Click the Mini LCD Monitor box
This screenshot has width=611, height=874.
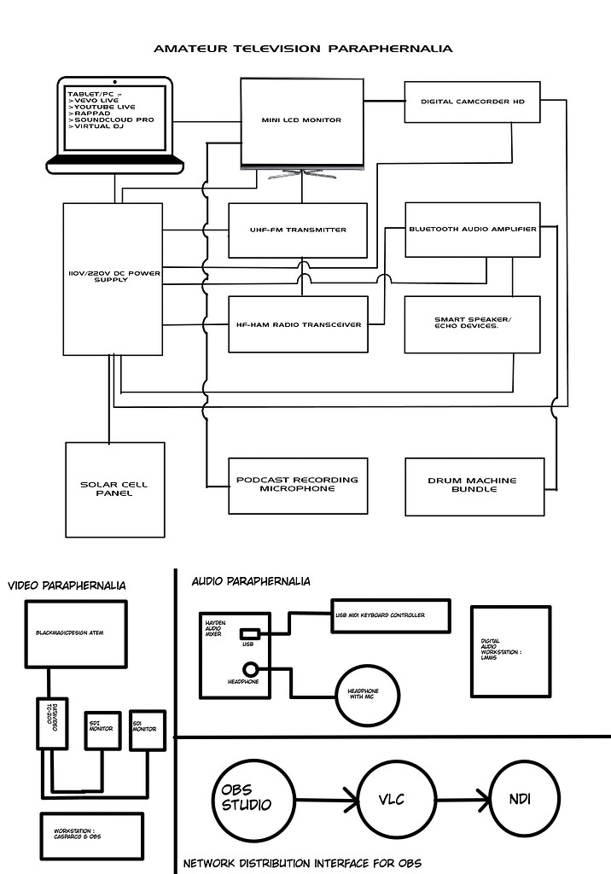click(301, 121)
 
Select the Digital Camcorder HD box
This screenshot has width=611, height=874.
click(472, 101)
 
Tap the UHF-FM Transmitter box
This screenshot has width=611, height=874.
click(298, 230)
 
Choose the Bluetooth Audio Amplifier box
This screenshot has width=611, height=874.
click(472, 229)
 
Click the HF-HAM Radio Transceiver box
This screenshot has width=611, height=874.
click(298, 324)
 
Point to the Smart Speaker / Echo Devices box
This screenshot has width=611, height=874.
click(472, 324)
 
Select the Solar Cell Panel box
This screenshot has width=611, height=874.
click(114, 489)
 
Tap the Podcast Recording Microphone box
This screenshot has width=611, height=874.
click(298, 485)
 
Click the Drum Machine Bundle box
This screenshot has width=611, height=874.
click(472, 486)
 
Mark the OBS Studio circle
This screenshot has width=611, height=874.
click(248, 799)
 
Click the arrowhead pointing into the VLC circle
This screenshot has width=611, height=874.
click(350, 801)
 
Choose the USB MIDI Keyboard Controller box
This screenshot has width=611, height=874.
click(390, 615)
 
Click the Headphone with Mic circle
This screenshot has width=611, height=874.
click(367, 692)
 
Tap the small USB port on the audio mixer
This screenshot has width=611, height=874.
click(250, 633)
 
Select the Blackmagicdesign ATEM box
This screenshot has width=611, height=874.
click(76, 634)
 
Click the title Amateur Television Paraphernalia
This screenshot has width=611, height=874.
click(303, 49)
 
